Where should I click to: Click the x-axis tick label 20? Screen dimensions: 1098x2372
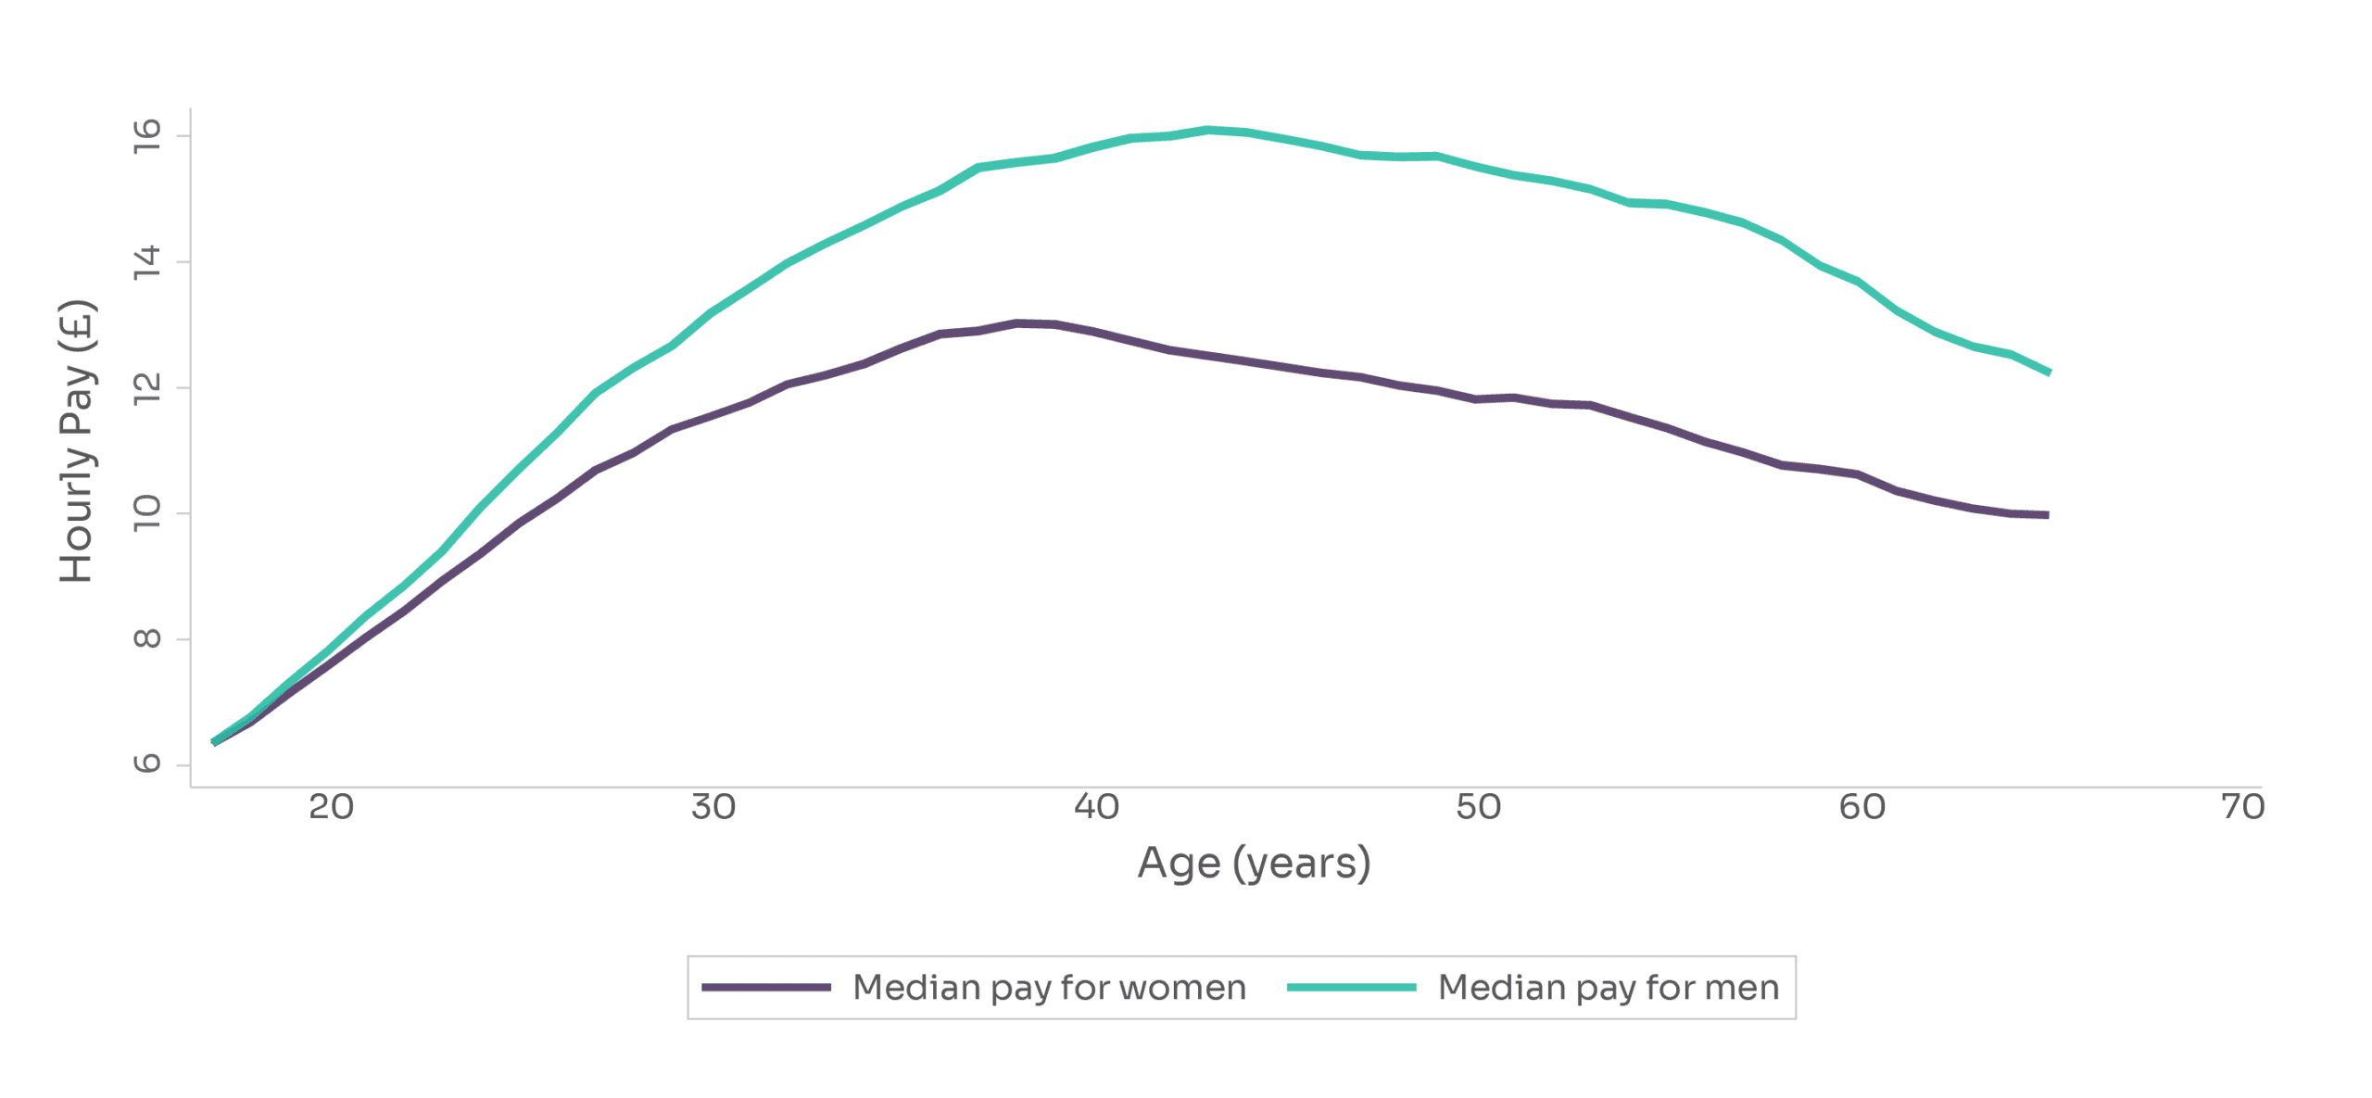tap(331, 807)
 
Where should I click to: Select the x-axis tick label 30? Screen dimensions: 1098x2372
tap(713, 807)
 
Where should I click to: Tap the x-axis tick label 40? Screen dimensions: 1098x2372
tap(1096, 807)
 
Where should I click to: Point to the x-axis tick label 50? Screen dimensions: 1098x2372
tap(1478, 807)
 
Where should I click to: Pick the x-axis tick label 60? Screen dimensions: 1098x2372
tap(1861, 807)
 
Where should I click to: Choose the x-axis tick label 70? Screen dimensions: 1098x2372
tap(2242, 807)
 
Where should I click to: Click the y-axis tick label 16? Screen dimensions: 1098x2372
tap(147, 136)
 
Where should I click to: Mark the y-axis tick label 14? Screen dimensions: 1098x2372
tap(147, 262)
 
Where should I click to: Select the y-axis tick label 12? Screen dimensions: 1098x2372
tap(147, 388)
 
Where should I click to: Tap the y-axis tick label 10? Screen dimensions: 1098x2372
tap(147, 513)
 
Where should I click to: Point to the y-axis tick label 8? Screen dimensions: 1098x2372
tap(147, 638)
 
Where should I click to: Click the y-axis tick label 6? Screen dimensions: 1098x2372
tap(147, 764)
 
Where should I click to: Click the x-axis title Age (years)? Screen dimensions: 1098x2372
tap(1254, 864)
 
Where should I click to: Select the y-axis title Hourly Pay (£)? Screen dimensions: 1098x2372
tap(77, 441)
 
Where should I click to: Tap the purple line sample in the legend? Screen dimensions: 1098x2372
tap(765, 988)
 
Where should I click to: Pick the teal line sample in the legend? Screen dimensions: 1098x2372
tap(1351, 988)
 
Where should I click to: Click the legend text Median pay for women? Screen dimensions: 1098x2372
tap(1049, 988)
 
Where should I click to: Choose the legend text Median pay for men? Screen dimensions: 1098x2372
tap(1609, 988)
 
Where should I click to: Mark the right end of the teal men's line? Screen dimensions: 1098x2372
tap(2049, 372)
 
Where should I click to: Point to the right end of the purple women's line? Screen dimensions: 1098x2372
tap(2047, 515)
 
